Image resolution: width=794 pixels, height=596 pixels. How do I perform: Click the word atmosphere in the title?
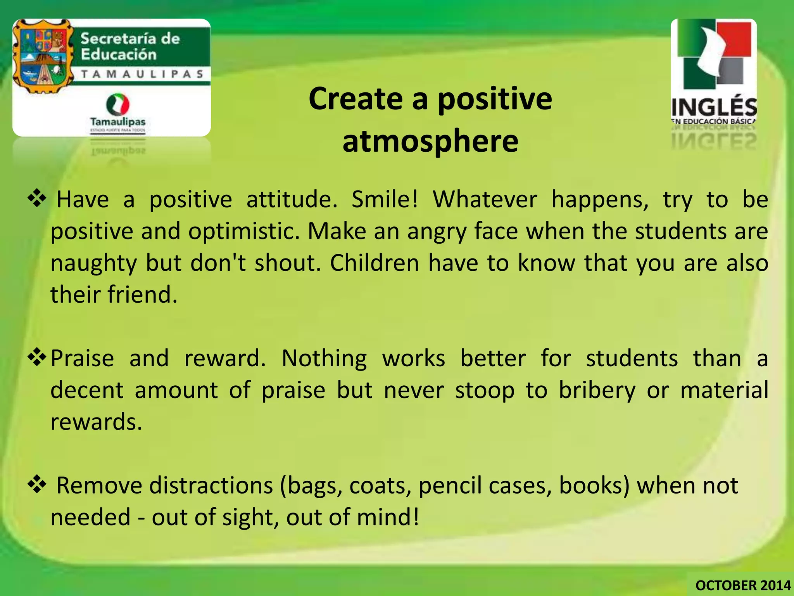[x=430, y=141]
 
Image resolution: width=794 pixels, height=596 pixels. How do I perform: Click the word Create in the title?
[x=356, y=99]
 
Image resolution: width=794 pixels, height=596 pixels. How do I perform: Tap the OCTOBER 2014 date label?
[x=743, y=585]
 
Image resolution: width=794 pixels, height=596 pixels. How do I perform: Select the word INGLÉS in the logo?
[x=714, y=107]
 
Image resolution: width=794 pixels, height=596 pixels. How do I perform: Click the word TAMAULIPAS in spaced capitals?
[x=142, y=74]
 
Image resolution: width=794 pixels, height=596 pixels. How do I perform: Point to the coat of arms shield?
[x=43, y=56]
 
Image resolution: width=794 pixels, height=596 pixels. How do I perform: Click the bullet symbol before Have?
[x=37, y=198]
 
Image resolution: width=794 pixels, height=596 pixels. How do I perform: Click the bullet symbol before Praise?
[x=37, y=357]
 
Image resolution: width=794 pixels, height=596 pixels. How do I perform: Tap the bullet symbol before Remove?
[x=37, y=484]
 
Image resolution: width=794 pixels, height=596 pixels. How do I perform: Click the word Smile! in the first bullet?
[x=385, y=199]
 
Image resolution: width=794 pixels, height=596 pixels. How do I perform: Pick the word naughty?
[x=93, y=264]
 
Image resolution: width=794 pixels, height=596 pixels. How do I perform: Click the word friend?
[x=142, y=295]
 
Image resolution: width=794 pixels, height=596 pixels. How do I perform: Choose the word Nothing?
[x=324, y=359]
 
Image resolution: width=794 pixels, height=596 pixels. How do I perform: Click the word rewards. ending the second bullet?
[x=97, y=422]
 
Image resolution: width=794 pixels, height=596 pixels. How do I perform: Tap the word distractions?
[x=211, y=486]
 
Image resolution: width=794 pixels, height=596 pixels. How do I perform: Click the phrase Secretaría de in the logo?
[x=130, y=39]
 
